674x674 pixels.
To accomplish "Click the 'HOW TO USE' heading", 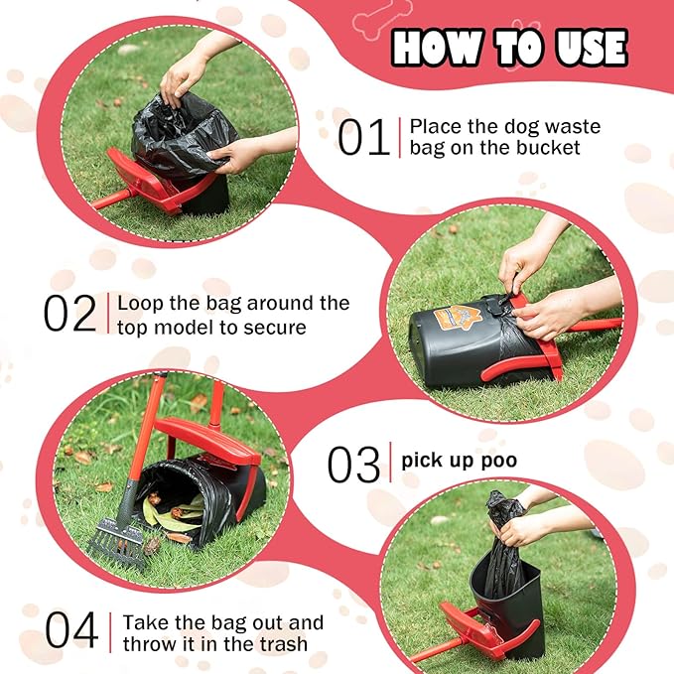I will pos(509,47).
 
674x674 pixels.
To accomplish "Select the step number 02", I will pos(69,313).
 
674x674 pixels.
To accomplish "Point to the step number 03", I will pos(353,465).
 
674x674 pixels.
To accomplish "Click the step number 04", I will pos(71,632).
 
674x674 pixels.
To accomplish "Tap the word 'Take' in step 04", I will pos(144,622).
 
